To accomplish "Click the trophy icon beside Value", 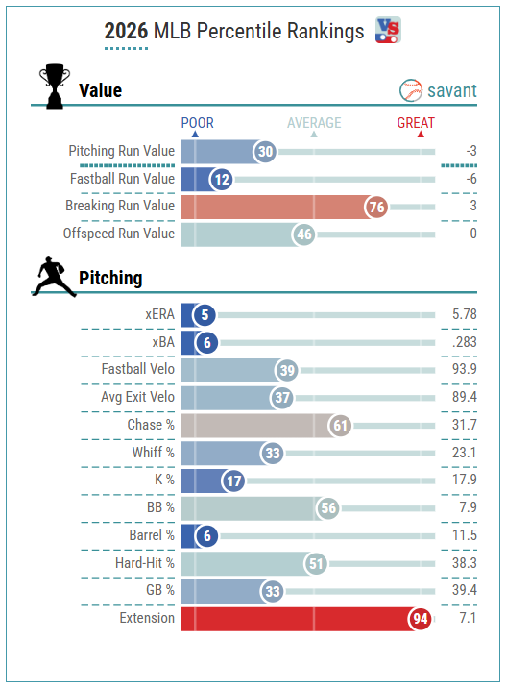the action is [x=54, y=86].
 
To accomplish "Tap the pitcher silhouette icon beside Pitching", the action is [x=53, y=276].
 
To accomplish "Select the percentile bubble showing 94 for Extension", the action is [x=420, y=619].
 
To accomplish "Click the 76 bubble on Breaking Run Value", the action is [x=375, y=207].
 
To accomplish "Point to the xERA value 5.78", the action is [x=465, y=314].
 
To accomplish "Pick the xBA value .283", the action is [x=465, y=342].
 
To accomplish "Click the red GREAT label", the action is [x=416, y=123].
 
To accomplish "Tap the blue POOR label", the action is [x=198, y=123].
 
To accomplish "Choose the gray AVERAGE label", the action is [x=314, y=123].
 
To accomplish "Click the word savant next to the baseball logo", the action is [x=452, y=90].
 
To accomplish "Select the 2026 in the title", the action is [x=126, y=32].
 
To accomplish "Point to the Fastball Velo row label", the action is [x=138, y=369].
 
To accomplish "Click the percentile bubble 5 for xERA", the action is [x=205, y=315].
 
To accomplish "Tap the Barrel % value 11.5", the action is [x=465, y=535].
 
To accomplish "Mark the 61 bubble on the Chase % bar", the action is [x=340, y=426].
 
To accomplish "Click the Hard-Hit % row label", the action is [x=145, y=563].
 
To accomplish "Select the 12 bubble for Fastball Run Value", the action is [x=221, y=180].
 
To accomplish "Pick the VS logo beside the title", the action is [x=388, y=30].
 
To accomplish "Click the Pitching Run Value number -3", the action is [x=471, y=151].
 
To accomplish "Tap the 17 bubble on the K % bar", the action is [x=233, y=481].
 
